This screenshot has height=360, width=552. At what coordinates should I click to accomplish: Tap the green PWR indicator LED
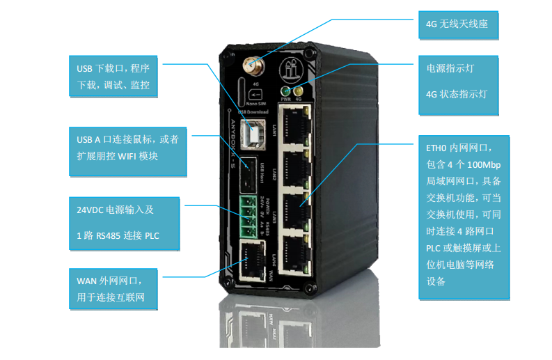pyautogui.click(x=285, y=91)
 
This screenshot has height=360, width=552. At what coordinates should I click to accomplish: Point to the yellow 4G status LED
pyautogui.click(x=297, y=91)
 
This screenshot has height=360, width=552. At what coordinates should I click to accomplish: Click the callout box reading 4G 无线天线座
pyautogui.click(x=457, y=26)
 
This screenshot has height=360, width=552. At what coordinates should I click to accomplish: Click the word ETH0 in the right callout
pyautogui.click(x=439, y=148)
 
